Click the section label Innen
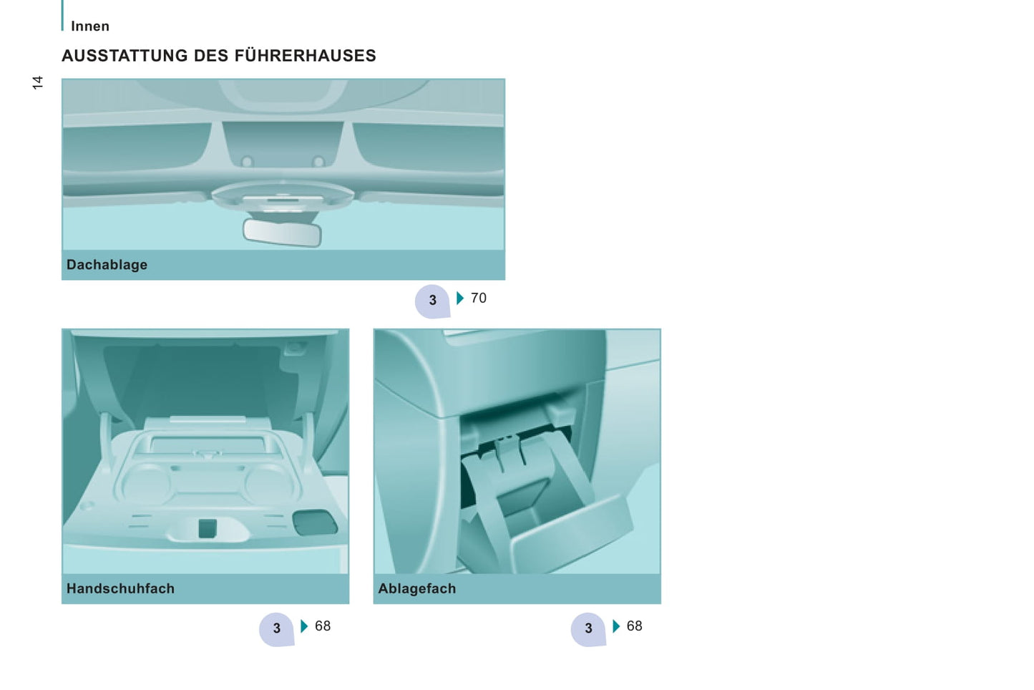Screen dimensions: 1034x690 coord(90,26)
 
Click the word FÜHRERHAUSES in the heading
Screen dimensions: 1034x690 coord(305,55)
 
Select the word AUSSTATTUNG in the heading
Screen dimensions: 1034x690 coord(125,55)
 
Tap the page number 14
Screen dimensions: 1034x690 coord(38,82)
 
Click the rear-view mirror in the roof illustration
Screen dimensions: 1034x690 coord(282,233)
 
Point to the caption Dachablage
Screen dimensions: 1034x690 coord(107,265)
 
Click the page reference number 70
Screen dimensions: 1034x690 coord(479,298)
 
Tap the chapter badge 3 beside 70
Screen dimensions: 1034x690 coord(432,301)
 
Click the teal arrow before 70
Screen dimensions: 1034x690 coord(460,298)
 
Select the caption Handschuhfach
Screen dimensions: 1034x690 coord(120,588)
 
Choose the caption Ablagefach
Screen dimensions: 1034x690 coord(417,588)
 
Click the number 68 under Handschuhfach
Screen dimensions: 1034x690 coord(323,626)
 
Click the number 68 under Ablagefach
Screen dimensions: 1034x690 coord(634,626)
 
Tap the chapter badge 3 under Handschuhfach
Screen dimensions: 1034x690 coord(276,629)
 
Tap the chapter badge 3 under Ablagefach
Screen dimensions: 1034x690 coord(588,629)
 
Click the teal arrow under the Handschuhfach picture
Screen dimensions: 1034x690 coord(303,626)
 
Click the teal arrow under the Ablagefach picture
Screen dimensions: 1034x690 coord(616,626)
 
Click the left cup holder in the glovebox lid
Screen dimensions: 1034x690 coord(145,483)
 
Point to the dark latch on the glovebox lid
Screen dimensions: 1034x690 coord(208,528)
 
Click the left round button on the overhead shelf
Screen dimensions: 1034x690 coord(248,162)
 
